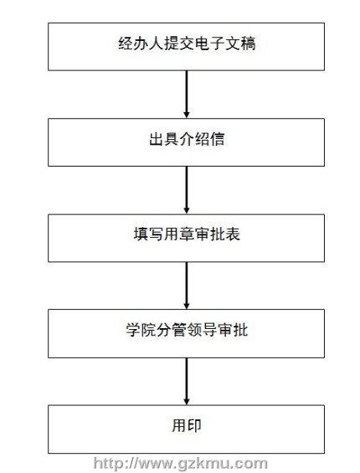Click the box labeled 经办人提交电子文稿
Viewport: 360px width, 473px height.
pyautogui.click(x=186, y=47)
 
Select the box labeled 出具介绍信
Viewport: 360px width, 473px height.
pyautogui.click(x=186, y=142)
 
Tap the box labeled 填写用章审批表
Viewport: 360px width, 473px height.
pyautogui.click(x=186, y=238)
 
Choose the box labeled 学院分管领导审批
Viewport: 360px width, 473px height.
pyautogui.click(x=186, y=333)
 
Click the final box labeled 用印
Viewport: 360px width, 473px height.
pyautogui.click(x=186, y=429)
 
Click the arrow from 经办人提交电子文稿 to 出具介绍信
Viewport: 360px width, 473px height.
pyautogui.click(x=187, y=95)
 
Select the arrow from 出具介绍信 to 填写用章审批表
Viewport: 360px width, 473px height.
pyautogui.click(x=187, y=190)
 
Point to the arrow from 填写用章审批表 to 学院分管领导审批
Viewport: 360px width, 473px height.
pyautogui.click(x=187, y=285)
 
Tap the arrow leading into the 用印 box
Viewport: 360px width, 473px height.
pyautogui.click(x=187, y=382)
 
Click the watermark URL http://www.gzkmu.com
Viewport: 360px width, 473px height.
pyautogui.click(x=181, y=463)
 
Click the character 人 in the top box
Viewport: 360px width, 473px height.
pyautogui.click(x=156, y=44)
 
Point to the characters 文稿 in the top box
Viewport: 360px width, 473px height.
pyautogui.click(x=240, y=44)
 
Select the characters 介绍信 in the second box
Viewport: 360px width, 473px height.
pyautogui.click(x=202, y=139)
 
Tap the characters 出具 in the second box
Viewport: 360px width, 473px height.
pyautogui.click(x=164, y=139)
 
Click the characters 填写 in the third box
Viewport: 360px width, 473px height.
pyautogui.click(x=148, y=234)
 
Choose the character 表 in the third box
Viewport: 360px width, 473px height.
pyautogui.click(x=233, y=234)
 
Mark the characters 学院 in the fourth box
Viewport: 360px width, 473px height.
pyautogui.click(x=141, y=329)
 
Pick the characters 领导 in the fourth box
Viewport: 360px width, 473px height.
pyautogui.click(x=202, y=329)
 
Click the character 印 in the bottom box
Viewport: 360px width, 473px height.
pyautogui.click(x=194, y=425)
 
